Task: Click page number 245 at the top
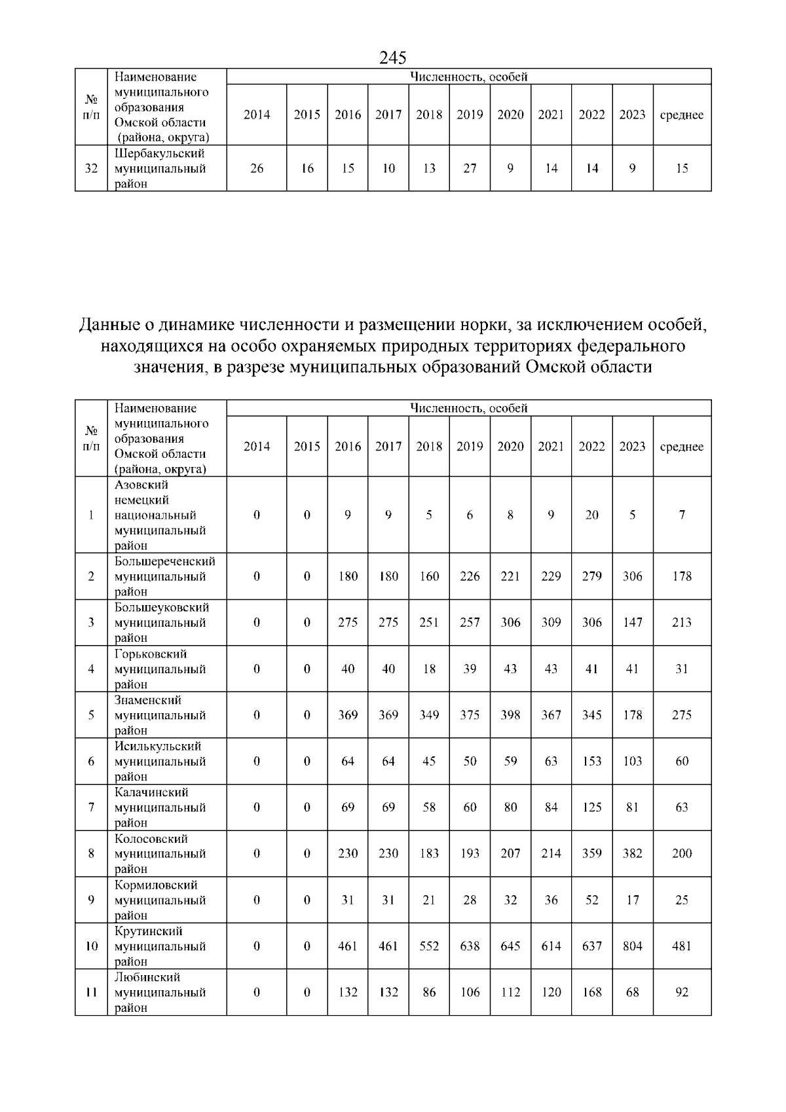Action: coord(393,58)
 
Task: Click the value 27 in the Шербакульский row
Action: coord(470,168)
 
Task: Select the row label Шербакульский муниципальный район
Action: coord(160,168)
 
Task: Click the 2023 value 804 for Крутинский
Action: coord(632,946)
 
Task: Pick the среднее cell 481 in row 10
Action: coord(682,946)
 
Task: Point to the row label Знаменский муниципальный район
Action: coord(160,715)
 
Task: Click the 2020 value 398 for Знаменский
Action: coord(510,715)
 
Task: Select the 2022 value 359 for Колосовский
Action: coord(591,853)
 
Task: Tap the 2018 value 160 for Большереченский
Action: coord(429,576)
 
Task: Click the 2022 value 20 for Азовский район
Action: coord(591,515)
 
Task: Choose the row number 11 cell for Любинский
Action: coord(91,992)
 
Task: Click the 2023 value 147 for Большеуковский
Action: coord(632,622)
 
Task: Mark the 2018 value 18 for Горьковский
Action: coord(429,669)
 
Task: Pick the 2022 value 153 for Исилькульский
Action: coord(591,761)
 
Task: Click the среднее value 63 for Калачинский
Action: coord(682,807)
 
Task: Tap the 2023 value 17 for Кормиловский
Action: coord(632,900)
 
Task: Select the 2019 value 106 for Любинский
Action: coord(470,992)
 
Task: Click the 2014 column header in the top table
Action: coord(257,115)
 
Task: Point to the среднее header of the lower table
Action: coord(682,447)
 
